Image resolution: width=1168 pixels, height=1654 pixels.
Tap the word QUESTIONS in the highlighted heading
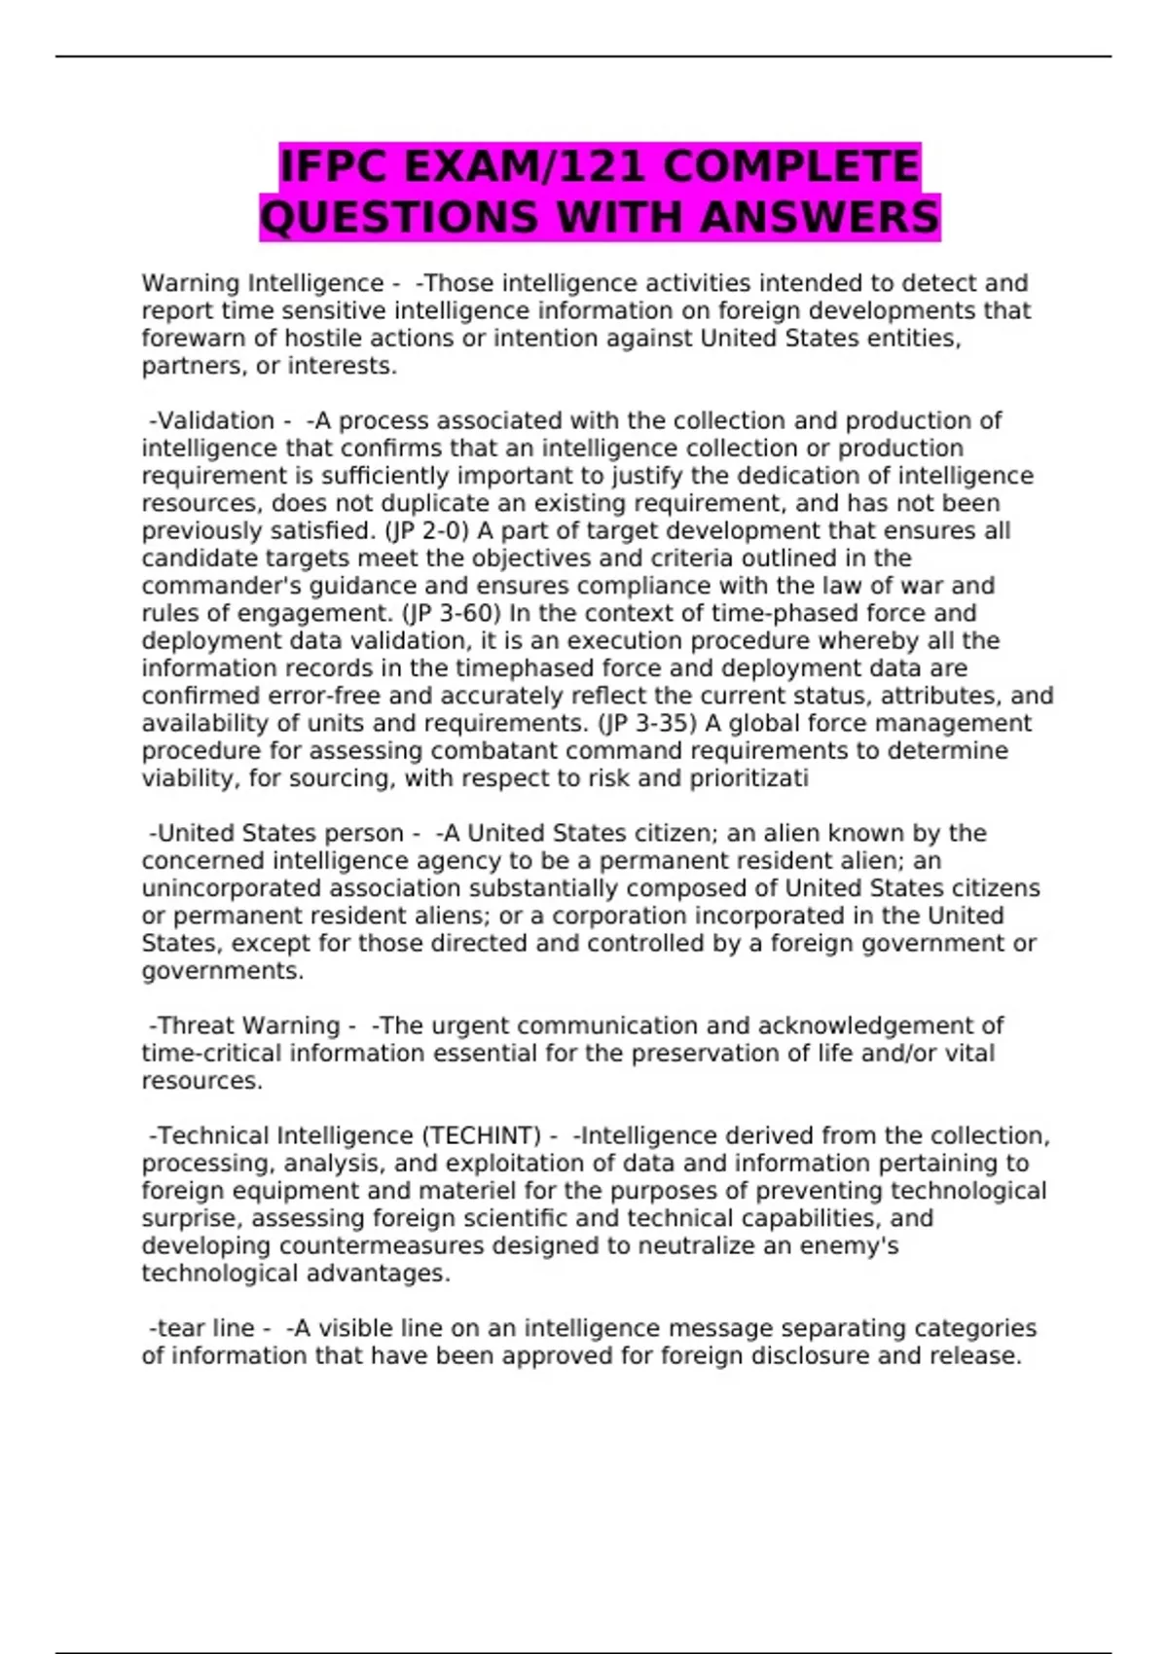click(399, 217)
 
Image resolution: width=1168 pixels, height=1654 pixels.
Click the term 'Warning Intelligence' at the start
click(262, 283)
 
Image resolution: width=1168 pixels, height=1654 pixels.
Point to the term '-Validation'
click(211, 421)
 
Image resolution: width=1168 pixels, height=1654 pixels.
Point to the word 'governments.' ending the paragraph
click(223, 971)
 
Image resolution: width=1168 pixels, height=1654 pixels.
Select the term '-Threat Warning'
click(243, 1025)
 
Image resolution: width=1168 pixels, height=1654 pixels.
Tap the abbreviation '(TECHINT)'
click(481, 1135)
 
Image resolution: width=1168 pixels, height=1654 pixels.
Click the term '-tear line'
click(201, 1328)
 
